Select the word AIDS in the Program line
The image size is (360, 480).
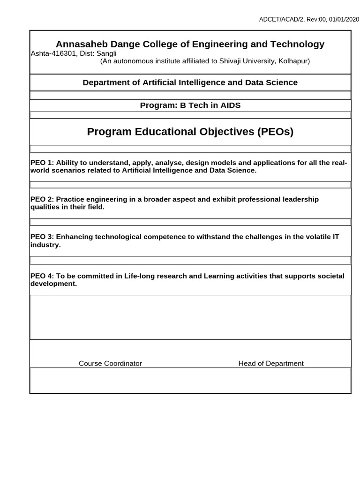[230, 105]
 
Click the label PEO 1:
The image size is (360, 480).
[42, 163]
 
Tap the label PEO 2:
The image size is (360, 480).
[42, 199]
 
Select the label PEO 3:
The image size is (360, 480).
[42, 237]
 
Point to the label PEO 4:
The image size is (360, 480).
[42, 276]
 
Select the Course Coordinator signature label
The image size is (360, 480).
[110, 363]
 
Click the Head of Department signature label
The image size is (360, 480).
[271, 363]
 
